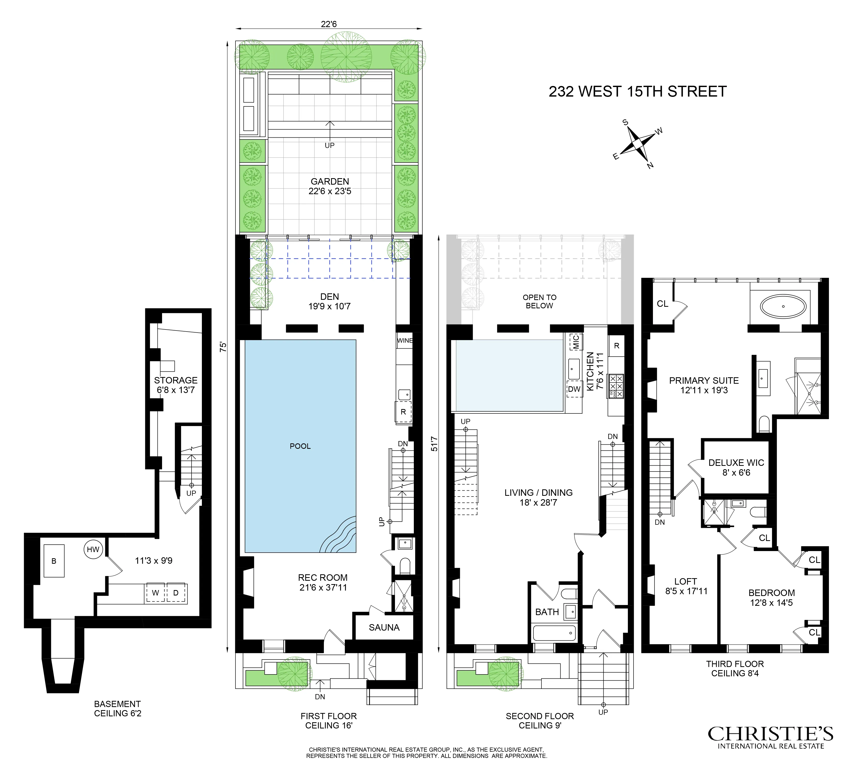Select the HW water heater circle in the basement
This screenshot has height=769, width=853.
coord(93,549)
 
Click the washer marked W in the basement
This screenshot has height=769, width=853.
coord(155,593)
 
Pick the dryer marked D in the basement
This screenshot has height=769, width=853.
coord(176,593)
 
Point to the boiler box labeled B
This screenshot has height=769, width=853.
coord(54,561)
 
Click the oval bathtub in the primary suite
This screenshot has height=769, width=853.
coord(783,306)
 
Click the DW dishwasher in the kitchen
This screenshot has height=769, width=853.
coord(574,389)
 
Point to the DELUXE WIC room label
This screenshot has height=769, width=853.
coord(736,463)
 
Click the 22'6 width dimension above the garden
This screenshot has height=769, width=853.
coord(329,24)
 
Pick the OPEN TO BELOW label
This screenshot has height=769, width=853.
coord(539,301)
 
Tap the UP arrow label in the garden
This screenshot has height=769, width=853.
coord(330,145)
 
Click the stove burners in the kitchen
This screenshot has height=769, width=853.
coord(615,386)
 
